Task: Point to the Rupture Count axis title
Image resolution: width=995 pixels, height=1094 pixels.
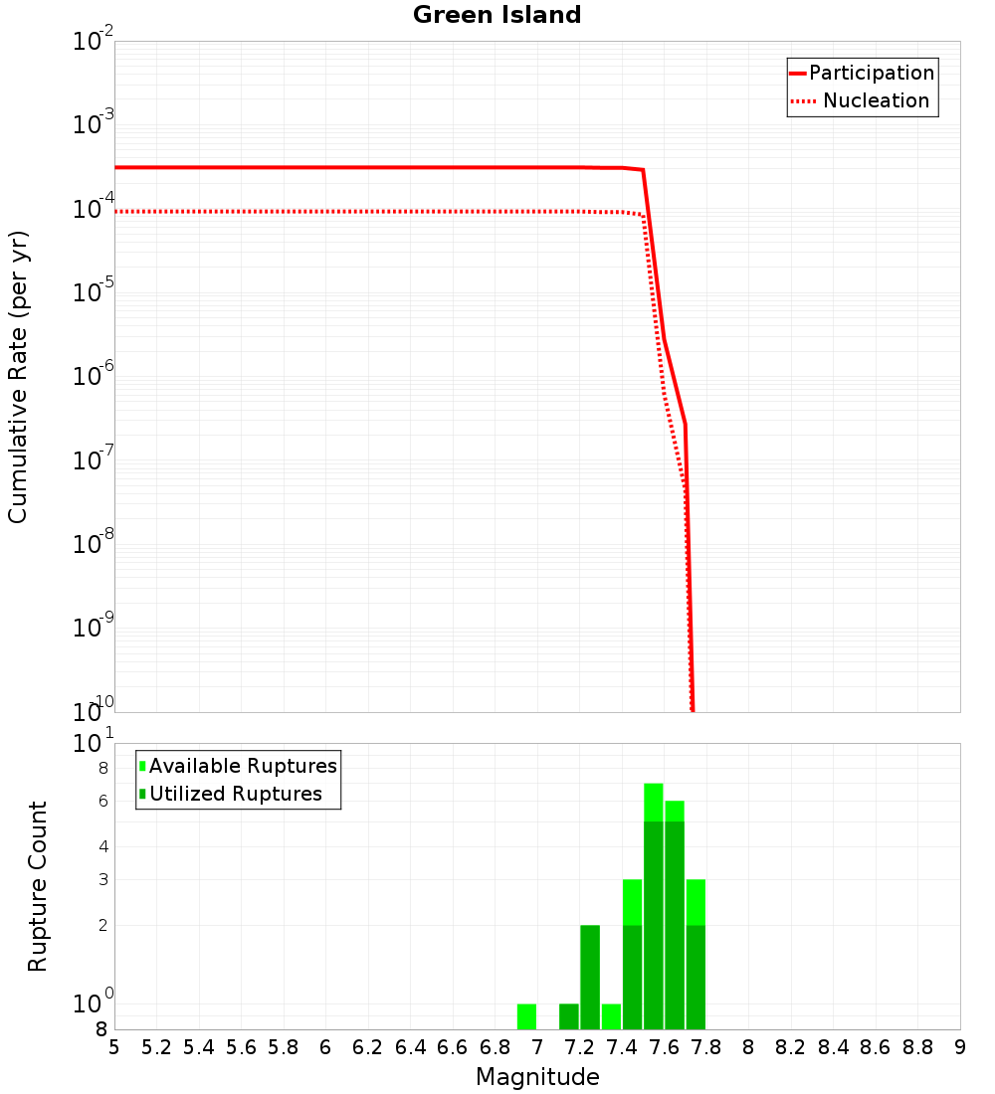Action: (38, 886)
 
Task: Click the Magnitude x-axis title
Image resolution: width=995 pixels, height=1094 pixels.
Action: (537, 1077)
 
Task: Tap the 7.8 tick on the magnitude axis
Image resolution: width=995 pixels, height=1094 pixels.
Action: (706, 1046)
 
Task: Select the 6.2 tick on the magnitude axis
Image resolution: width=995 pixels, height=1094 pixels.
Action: (368, 1046)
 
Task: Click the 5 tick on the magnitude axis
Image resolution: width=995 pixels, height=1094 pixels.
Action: (114, 1046)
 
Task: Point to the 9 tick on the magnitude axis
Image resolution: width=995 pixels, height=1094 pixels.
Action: (960, 1046)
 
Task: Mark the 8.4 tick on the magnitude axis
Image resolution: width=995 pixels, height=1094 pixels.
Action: (834, 1046)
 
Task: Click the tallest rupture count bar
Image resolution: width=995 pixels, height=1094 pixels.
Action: (654, 905)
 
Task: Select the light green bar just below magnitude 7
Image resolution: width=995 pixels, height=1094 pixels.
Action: (527, 1016)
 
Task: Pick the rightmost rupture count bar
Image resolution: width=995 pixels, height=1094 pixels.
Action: (696, 955)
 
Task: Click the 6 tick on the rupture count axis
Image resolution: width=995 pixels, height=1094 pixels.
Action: (102, 801)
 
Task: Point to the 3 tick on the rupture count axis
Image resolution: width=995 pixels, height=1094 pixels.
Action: (102, 879)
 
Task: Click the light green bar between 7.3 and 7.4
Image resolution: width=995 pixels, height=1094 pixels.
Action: (611, 1016)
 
